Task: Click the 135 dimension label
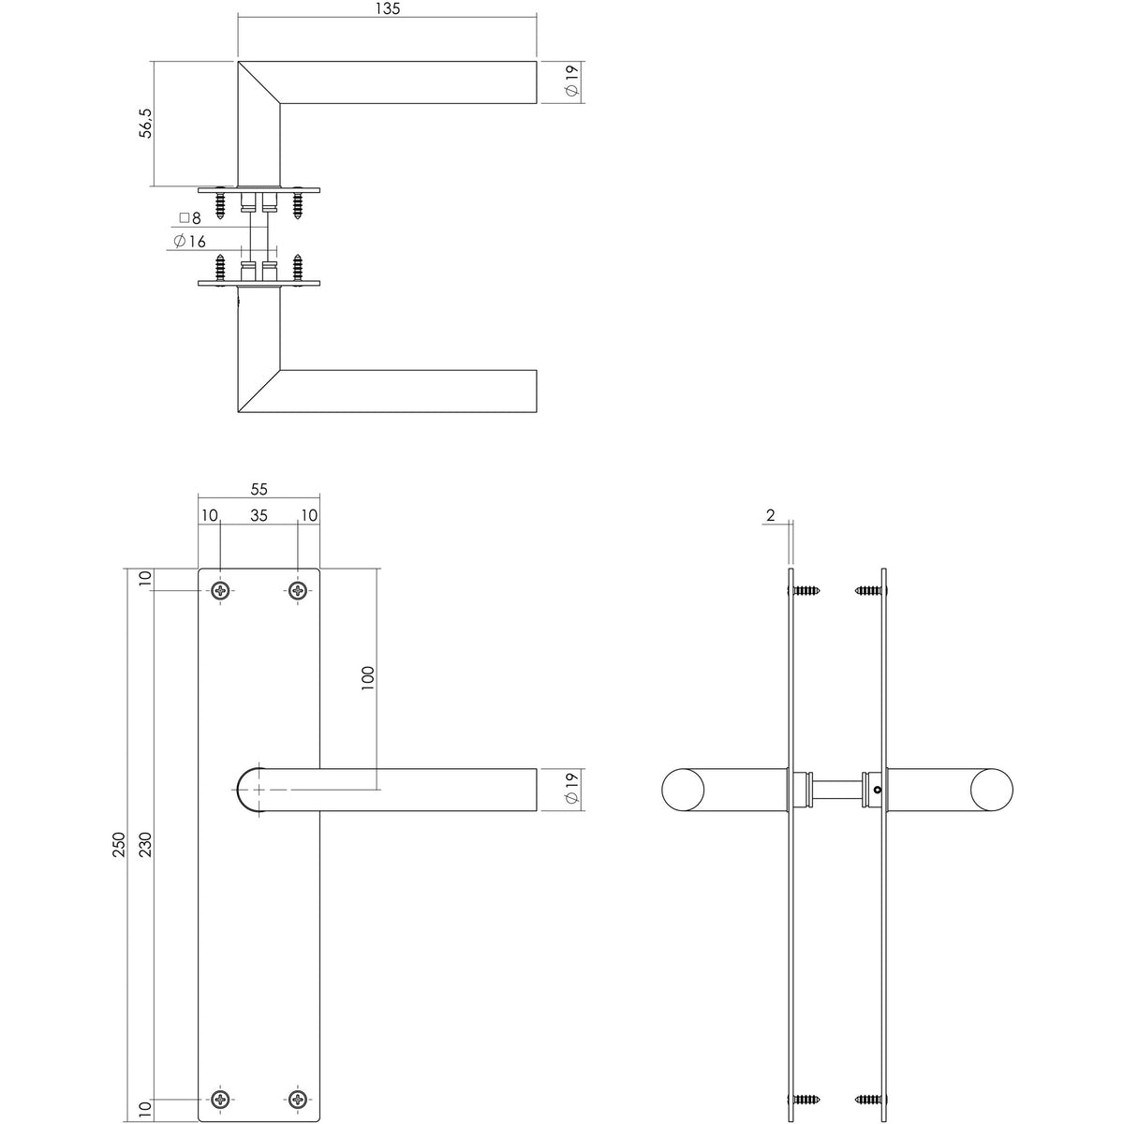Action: [388, 8]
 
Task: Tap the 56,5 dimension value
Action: [146, 123]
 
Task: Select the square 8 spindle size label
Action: [189, 218]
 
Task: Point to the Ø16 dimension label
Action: [190, 241]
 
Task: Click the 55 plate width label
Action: [259, 489]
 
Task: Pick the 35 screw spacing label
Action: [259, 515]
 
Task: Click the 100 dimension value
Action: [368, 678]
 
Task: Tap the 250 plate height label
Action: [118, 844]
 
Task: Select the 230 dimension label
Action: [145, 844]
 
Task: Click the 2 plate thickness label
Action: [771, 515]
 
